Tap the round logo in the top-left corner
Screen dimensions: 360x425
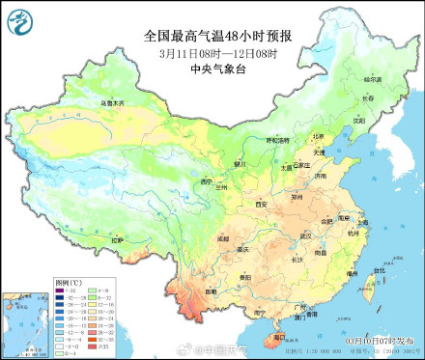pos(22,21)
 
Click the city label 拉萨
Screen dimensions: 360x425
pos(118,239)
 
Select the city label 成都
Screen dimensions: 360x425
pos(223,236)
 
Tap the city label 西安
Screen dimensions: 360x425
pos(261,205)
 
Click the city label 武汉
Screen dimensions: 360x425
pos(305,235)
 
